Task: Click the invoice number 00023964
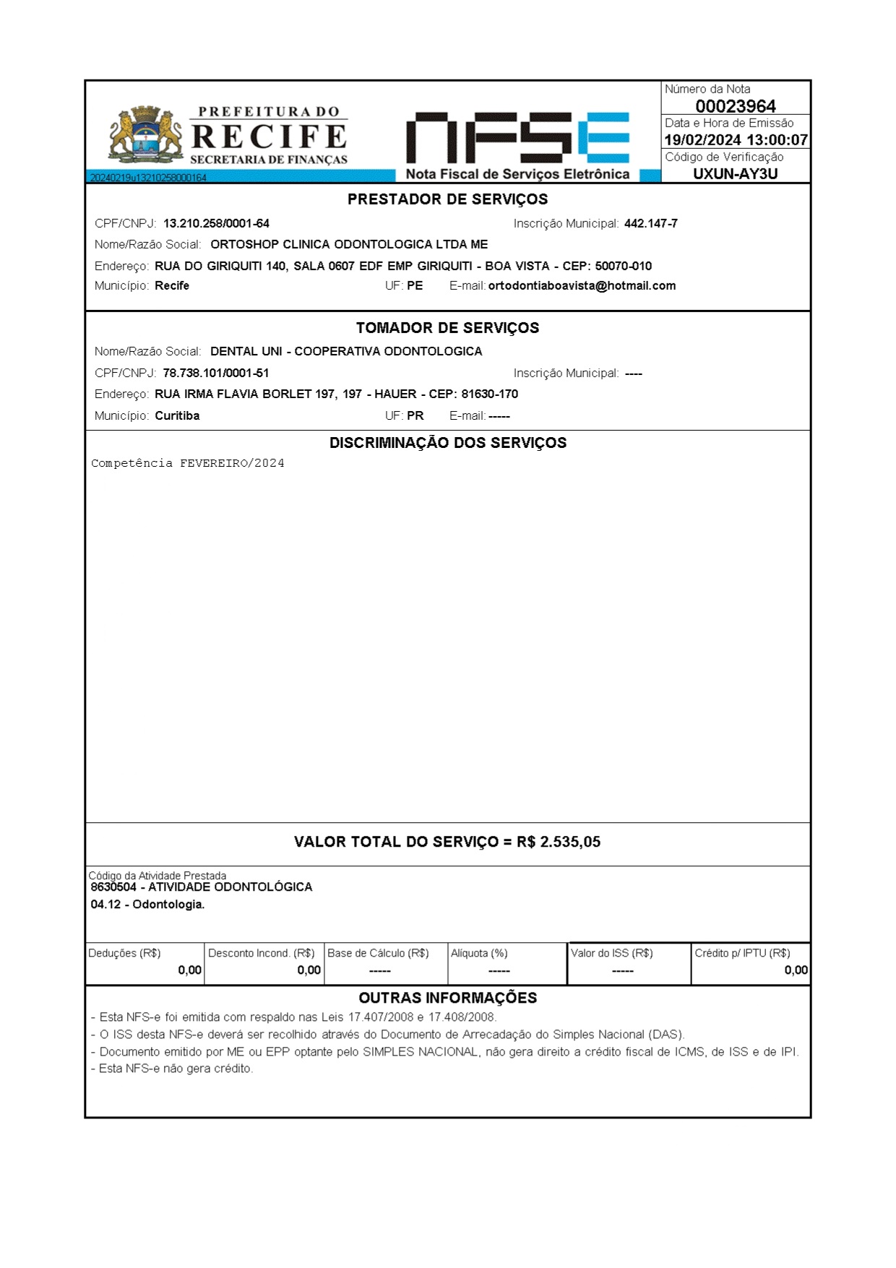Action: coord(735,106)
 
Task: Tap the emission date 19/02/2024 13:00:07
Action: coord(736,140)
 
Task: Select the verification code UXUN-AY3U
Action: coord(735,173)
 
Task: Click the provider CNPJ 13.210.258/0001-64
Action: coord(216,224)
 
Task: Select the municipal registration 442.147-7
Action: coord(650,224)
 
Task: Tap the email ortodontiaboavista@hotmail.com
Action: coord(582,285)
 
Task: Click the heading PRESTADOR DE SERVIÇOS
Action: coord(447,199)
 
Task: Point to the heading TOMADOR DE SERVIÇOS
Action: coord(447,328)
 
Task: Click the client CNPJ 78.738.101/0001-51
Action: coord(216,374)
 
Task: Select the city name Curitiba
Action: coord(177,416)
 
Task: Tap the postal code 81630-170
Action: coord(489,394)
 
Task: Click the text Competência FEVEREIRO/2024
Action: coord(188,463)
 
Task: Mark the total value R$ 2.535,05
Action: coord(559,842)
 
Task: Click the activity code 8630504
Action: coord(113,887)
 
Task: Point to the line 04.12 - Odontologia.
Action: coord(147,905)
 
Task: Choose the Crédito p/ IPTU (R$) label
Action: coord(742,953)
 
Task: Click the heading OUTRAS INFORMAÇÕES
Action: coord(447,998)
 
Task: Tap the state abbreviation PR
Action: coord(415,416)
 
